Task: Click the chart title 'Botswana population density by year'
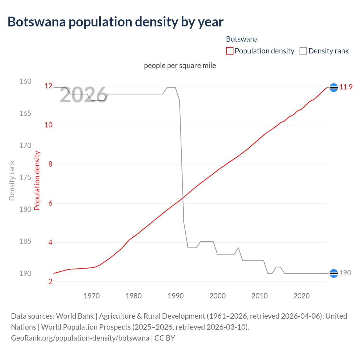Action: (x=115, y=22)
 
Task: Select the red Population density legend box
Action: (x=229, y=51)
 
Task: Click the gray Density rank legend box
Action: (x=303, y=51)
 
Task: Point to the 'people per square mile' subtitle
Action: (x=180, y=66)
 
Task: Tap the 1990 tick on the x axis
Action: (x=175, y=296)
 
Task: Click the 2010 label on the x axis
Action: (x=259, y=296)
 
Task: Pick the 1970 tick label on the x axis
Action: (x=92, y=296)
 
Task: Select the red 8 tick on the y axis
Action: (x=50, y=164)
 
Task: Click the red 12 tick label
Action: (x=49, y=86)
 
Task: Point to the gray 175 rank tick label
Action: (x=25, y=177)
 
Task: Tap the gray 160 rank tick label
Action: (x=25, y=81)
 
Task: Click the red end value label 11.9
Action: (x=346, y=87)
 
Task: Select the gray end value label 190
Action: (x=345, y=273)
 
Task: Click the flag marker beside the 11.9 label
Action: (x=334, y=88)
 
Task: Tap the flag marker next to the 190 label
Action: (x=334, y=273)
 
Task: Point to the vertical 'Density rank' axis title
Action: (x=12, y=180)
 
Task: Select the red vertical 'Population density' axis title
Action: (x=37, y=180)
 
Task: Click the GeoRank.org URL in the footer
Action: (x=80, y=338)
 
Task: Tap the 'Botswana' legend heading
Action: (x=242, y=39)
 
